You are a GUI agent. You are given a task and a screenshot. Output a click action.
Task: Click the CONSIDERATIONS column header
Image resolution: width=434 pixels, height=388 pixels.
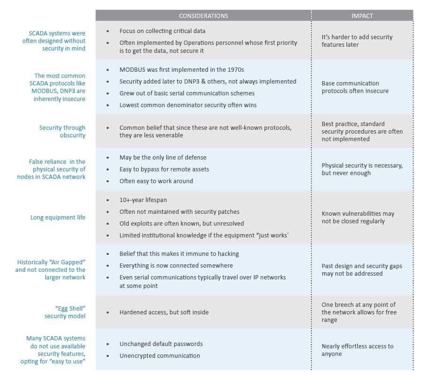(x=203, y=16)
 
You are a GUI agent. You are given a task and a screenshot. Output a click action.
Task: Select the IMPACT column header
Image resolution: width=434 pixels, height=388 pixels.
(x=362, y=16)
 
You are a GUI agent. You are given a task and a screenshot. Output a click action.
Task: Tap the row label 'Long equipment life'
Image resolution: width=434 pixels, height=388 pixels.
(x=58, y=218)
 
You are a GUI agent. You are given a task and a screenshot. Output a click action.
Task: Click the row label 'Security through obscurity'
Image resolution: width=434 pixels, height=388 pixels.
(x=62, y=131)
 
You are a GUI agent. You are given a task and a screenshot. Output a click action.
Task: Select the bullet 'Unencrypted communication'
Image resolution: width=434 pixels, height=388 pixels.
(x=159, y=356)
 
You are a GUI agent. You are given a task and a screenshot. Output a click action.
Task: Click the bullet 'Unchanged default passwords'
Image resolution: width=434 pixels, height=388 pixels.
(x=161, y=344)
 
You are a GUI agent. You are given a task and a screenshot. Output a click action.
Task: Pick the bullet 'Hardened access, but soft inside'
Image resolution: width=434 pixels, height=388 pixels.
(x=164, y=312)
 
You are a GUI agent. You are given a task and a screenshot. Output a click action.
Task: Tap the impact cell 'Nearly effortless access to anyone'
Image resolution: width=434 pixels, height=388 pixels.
(x=357, y=350)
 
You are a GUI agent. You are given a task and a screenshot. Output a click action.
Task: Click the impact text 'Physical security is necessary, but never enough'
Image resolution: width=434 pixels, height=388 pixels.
(x=362, y=169)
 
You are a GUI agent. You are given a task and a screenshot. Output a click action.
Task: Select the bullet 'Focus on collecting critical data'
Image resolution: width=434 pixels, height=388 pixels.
(x=162, y=31)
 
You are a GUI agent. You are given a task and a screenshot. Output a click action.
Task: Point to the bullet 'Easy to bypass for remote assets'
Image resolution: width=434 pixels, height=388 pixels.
(x=164, y=169)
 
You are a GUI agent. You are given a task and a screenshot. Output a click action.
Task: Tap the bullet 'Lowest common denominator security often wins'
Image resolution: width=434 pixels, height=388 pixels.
(x=188, y=105)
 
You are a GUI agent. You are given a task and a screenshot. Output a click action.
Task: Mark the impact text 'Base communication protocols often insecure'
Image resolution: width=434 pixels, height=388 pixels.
(x=355, y=87)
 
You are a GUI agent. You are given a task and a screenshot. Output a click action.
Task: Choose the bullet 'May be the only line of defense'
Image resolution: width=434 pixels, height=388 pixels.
(x=163, y=157)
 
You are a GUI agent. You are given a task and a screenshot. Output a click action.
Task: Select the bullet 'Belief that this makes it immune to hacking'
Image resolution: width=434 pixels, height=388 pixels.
(x=179, y=254)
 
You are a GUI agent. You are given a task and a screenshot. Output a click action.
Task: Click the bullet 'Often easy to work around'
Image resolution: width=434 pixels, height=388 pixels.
(x=156, y=181)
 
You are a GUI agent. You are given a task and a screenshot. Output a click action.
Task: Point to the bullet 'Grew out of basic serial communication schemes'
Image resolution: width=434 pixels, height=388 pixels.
(x=187, y=93)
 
